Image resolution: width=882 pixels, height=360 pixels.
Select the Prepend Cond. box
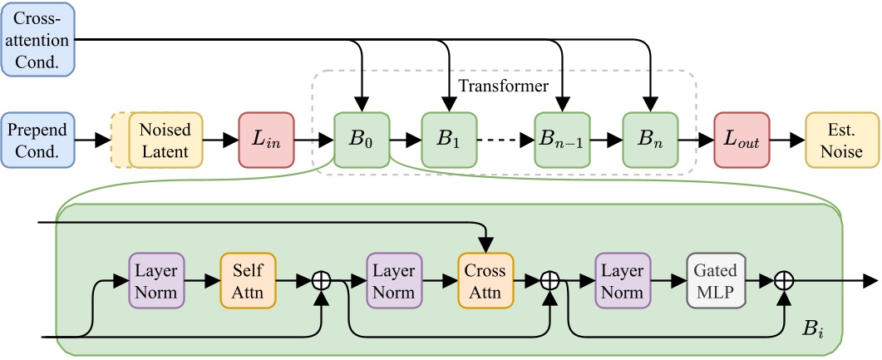[37, 140]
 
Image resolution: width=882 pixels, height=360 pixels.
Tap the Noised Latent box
[165, 140]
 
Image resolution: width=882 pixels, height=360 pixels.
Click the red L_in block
[266, 140]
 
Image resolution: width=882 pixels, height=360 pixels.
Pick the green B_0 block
[362, 140]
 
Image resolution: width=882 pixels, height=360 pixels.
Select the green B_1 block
[450, 140]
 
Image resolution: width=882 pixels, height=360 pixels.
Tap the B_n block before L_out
[651, 140]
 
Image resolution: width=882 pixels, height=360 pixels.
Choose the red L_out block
[742, 140]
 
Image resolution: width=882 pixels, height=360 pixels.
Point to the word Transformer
[503, 86]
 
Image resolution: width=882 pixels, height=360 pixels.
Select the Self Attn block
[248, 282]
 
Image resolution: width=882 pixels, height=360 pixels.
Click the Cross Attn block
[485, 282]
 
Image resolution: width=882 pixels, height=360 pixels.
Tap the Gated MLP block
[714, 282]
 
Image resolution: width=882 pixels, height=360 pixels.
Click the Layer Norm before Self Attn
[155, 282]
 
